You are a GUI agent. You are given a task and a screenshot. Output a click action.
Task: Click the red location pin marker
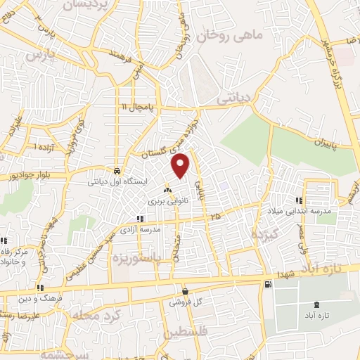click(181, 165)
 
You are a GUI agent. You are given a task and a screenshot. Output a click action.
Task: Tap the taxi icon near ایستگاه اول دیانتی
click(116, 171)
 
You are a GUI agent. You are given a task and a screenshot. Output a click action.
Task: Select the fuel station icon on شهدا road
click(268, 284)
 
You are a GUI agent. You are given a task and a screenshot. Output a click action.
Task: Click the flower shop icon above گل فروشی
click(184, 292)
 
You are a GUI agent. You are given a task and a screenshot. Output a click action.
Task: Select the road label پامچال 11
click(139, 107)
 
